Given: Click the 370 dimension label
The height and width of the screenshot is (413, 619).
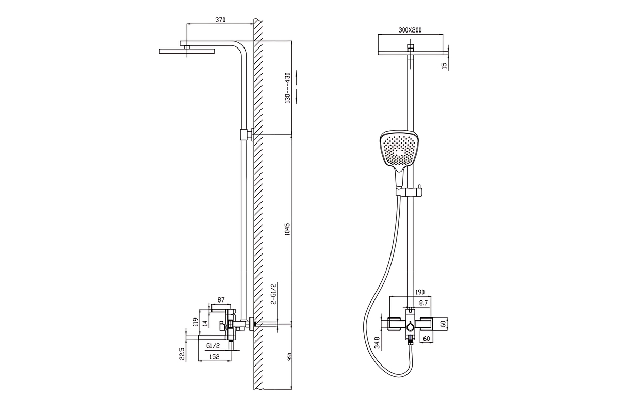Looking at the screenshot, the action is click(x=220, y=20).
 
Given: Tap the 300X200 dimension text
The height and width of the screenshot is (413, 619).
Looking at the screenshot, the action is click(x=410, y=30).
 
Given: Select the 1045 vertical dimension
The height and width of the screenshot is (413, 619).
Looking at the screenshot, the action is click(x=287, y=229).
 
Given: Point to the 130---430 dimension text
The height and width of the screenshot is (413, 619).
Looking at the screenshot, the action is click(x=287, y=88).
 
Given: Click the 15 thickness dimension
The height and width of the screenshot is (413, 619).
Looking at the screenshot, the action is click(x=444, y=66).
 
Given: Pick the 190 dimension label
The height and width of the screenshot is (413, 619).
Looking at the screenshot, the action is click(x=419, y=292).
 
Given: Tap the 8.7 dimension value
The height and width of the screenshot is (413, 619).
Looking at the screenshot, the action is click(x=423, y=303).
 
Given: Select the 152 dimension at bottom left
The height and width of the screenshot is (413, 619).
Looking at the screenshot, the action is click(x=214, y=357).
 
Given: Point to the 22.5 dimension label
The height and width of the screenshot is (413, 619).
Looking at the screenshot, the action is click(x=182, y=354).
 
